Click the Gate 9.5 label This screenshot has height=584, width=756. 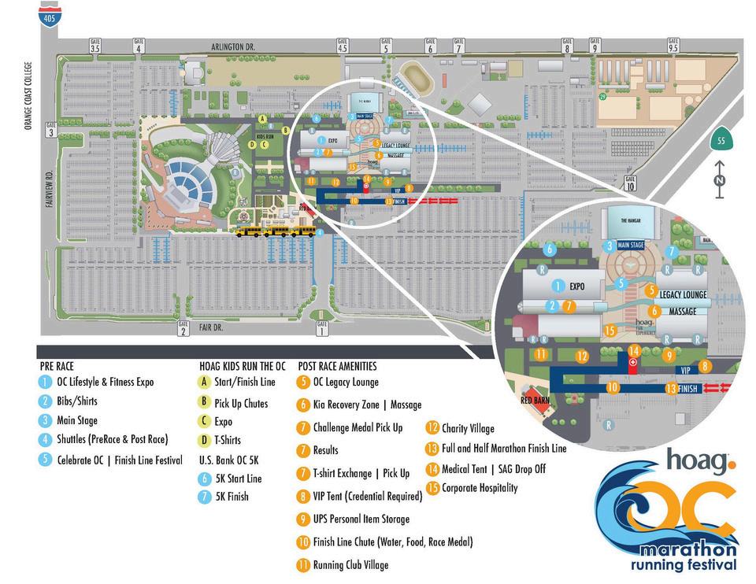(x=673, y=46)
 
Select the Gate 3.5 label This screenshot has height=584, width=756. (x=95, y=46)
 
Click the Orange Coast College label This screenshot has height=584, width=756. (x=29, y=96)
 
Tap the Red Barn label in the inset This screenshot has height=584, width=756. (x=535, y=401)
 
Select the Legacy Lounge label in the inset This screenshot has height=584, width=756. (x=683, y=295)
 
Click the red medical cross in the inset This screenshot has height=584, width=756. (x=633, y=362)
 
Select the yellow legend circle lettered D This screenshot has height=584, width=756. (x=205, y=440)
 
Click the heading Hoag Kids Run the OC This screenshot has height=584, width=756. (x=242, y=366)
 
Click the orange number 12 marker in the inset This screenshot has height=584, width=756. (x=582, y=357)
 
